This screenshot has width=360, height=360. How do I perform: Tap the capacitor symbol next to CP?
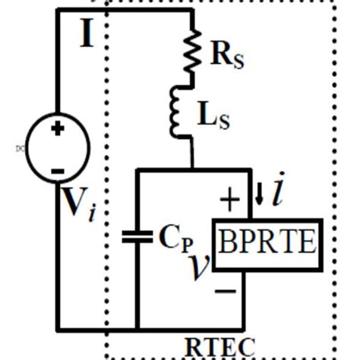click(x=137, y=238)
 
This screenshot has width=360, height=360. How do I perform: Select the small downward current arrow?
click(x=259, y=197)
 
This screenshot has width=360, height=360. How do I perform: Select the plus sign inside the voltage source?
click(x=58, y=130)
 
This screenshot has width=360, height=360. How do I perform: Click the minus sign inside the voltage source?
click(x=58, y=170)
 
